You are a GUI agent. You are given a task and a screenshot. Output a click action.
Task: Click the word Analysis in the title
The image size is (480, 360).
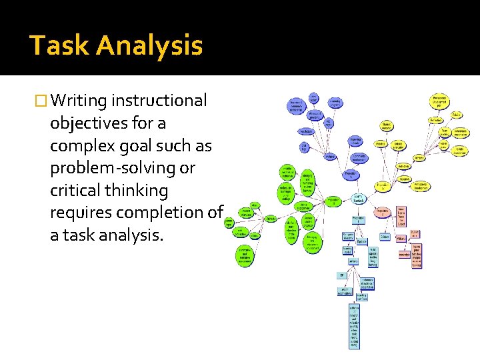(x=150, y=46)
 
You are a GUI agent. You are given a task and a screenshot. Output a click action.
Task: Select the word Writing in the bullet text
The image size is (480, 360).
(x=80, y=101)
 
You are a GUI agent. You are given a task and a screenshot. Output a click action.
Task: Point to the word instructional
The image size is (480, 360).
(x=160, y=101)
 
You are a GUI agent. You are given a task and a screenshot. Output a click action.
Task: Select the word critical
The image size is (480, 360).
(x=73, y=191)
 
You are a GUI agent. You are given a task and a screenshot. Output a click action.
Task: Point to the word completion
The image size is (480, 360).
(x=159, y=213)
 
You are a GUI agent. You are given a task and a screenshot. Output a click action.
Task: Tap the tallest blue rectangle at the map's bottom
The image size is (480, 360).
(x=353, y=326)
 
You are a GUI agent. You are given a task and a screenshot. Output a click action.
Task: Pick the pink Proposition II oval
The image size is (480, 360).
(x=383, y=212)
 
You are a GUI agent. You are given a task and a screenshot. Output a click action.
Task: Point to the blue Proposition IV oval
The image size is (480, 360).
(x=349, y=174)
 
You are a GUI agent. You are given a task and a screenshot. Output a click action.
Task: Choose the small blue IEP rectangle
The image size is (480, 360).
(x=341, y=275)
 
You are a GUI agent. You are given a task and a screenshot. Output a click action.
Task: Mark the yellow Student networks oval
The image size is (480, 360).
(x=387, y=125)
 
